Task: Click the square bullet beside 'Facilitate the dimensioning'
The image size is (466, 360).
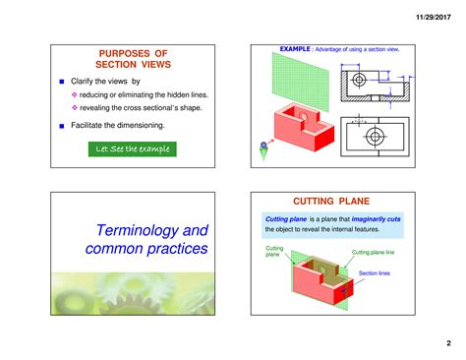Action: pyautogui.click(x=62, y=126)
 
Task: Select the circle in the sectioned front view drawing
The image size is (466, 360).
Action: pyautogui.click(x=359, y=80)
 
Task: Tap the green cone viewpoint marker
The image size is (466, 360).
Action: pyautogui.click(x=263, y=150)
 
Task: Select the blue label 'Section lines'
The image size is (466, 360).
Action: pyautogui.click(x=375, y=272)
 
